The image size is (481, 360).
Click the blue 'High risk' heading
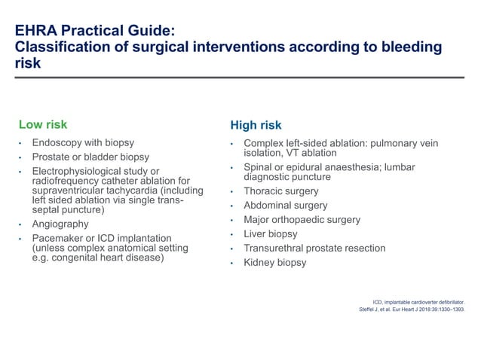coord(256,125)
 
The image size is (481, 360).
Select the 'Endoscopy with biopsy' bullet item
coord(83,143)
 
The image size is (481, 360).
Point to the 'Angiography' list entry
coord(60,224)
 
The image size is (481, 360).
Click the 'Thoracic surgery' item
coord(281,191)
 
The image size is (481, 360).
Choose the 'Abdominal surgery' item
coord(286,206)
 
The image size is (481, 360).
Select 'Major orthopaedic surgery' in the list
coord(302,220)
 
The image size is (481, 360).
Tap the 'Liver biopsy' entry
coord(271,234)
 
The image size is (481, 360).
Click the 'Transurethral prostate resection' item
coord(314,248)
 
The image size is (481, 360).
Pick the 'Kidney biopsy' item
coord(275,262)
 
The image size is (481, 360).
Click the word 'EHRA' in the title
coord(38,30)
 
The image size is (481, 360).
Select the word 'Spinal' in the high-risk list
coord(260,167)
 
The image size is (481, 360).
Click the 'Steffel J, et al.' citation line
coord(412,309)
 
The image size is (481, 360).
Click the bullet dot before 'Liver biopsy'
coord(234,235)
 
